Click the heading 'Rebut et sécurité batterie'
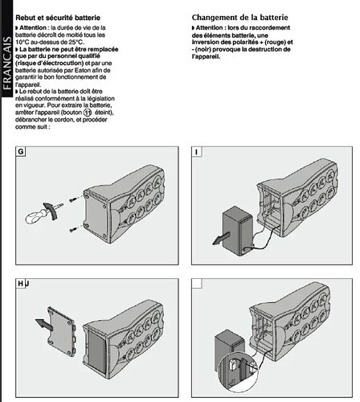[58, 18]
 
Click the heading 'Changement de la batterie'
[239, 18]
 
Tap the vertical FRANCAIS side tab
[6, 64]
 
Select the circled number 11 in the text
[88, 113]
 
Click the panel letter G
[21, 152]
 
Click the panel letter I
[197, 152]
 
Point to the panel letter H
[20, 283]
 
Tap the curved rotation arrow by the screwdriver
[51, 211]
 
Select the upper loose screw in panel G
[72, 199]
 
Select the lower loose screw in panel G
[72, 229]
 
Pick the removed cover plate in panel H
[62, 331]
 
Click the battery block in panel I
[237, 231]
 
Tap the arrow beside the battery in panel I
[221, 238]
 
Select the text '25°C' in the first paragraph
[76, 42]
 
